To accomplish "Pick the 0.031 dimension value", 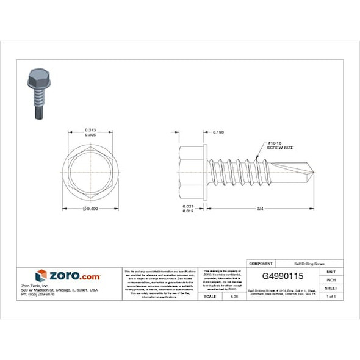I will (x=189, y=206).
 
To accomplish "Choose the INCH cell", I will (x=331, y=279).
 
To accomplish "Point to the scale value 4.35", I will (x=232, y=296).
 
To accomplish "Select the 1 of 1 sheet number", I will (x=331, y=296).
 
